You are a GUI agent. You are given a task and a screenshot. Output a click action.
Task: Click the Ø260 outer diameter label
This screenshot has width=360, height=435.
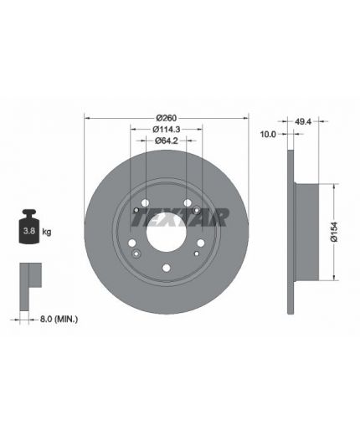click(167, 118)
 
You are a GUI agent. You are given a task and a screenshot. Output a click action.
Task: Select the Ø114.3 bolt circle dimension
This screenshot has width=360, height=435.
click(167, 130)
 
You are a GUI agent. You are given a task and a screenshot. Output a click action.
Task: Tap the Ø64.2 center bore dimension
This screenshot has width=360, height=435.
click(167, 141)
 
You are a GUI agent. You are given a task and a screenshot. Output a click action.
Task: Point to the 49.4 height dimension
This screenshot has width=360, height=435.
click(303, 121)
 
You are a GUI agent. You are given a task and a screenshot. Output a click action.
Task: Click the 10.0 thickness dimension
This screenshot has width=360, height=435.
click(268, 135)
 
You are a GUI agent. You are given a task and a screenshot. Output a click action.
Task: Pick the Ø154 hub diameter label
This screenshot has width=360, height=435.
click(334, 232)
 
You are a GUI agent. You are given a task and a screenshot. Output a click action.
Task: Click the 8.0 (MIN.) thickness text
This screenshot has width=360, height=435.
click(59, 319)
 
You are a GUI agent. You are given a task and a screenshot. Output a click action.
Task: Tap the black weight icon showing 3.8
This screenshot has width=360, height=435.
click(28, 227)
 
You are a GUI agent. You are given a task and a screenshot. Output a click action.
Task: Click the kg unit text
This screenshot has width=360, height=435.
click(47, 232)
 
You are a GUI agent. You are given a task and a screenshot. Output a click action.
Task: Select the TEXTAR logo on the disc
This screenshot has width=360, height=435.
click(180, 217)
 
